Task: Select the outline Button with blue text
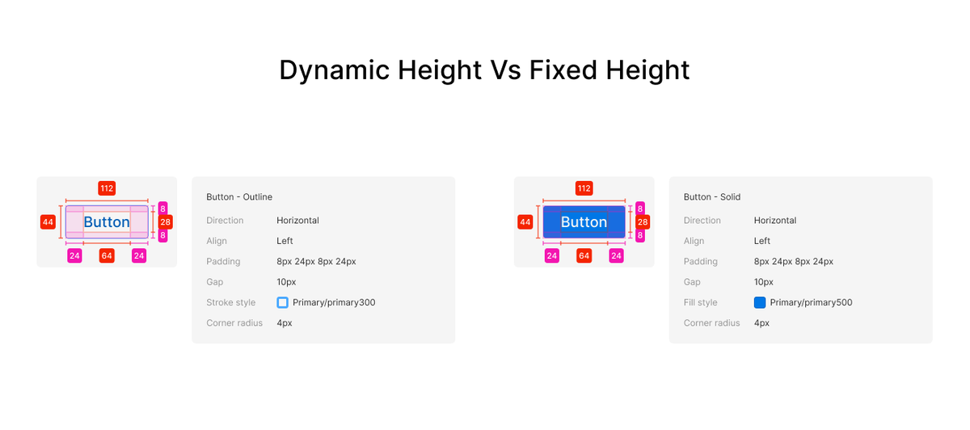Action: (107, 222)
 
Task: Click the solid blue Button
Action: (584, 222)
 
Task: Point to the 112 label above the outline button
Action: (107, 188)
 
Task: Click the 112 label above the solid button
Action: (584, 188)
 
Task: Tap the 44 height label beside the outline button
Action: (48, 221)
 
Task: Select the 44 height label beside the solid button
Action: (525, 221)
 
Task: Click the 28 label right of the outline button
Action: (166, 221)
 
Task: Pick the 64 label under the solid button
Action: (584, 256)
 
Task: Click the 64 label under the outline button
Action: (107, 256)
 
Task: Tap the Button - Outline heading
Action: (239, 197)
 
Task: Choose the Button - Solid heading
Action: (712, 197)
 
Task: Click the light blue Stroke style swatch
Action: (282, 302)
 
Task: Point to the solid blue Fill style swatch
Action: (760, 302)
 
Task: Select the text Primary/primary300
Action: (334, 302)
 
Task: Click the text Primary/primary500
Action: (811, 302)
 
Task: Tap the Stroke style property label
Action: (231, 302)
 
